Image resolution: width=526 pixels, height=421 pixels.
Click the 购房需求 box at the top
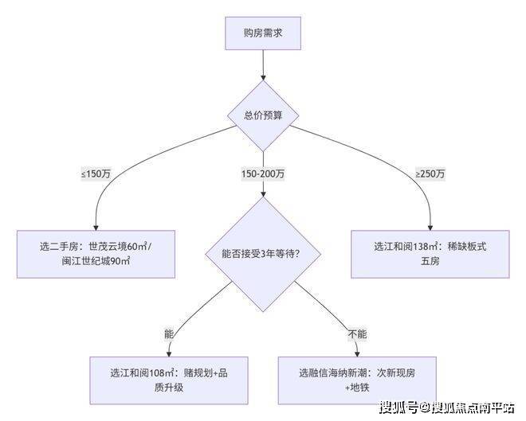tap(263, 33)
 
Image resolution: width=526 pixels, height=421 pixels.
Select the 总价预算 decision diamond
tap(263, 115)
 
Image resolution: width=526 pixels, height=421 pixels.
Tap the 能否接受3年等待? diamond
tap(263, 254)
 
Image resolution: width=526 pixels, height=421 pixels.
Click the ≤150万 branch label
tap(96, 173)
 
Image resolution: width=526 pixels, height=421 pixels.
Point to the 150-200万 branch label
tap(263, 173)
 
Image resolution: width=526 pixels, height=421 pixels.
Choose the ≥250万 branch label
tap(430, 173)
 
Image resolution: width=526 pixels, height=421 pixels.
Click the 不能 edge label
tap(357, 334)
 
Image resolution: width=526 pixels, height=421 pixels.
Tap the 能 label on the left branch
tap(169, 334)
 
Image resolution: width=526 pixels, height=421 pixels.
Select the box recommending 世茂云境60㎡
tap(96, 254)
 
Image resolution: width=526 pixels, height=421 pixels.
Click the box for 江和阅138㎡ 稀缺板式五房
tap(430, 254)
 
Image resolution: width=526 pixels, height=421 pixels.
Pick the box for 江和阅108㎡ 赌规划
tap(169, 380)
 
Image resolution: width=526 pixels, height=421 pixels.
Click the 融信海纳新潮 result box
tap(357, 380)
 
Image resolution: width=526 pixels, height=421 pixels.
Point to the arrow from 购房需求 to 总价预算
tap(263, 65)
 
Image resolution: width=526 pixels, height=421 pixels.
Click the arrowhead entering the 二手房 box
tap(96, 228)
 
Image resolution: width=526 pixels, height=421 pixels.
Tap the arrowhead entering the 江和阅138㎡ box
tap(430, 228)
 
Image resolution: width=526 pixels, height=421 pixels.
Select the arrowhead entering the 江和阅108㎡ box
tap(169, 353)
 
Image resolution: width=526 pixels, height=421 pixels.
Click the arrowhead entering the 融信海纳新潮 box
tap(357, 353)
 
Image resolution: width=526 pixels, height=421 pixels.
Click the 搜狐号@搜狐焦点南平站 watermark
tap(447, 407)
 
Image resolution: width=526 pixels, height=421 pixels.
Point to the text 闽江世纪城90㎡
tap(96, 261)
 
